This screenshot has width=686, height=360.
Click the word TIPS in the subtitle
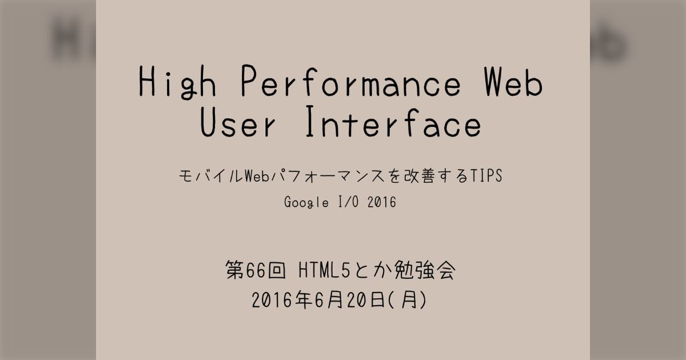(x=485, y=177)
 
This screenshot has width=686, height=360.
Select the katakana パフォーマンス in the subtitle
(x=325, y=177)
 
